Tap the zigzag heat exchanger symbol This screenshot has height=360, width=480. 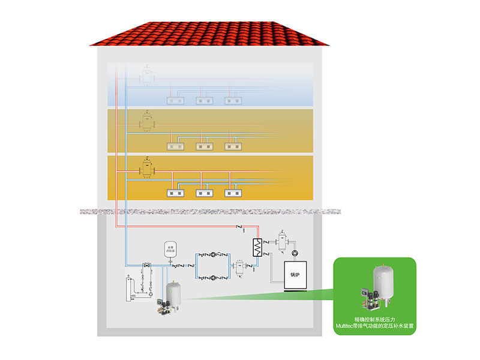(257, 247)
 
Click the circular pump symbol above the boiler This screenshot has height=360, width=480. (295, 252)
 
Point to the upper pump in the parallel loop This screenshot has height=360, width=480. (214, 254)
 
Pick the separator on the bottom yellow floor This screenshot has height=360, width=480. (147, 167)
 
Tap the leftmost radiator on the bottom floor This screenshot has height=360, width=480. (174, 193)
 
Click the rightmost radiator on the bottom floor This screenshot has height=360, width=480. (232, 193)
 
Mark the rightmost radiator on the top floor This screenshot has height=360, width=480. (232, 101)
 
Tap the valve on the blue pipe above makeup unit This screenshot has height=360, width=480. (146, 265)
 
